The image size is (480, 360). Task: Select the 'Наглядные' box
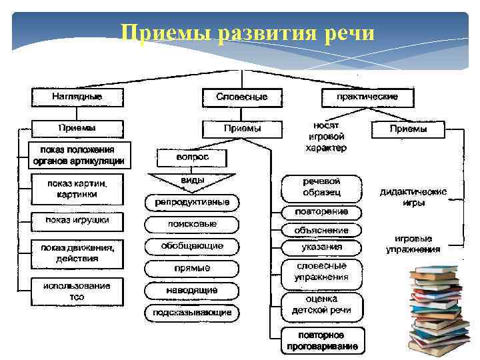click(x=77, y=97)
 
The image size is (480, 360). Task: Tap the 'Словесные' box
click(x=242, y=97)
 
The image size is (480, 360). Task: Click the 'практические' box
click(x=367, y=97)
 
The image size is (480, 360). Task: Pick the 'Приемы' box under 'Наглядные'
click(x=77, y=128)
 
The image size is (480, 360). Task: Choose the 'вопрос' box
click(x=192, y=157)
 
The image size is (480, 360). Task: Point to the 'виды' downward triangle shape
click(x=192, y=181)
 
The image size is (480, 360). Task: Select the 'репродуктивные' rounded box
click(x=192, y=202)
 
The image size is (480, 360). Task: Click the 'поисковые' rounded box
click(x=192, y=225)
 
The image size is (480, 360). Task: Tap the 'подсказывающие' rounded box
click(x=192, y=312)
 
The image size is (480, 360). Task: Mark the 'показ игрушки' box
click(x=77, y=220)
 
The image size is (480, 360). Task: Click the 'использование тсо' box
click(x=77, y=291)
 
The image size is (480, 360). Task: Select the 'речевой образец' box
click(x=321, y=187)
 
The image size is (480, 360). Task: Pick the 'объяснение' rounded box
click(x=321, y=230)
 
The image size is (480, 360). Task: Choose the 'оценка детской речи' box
click(x=321, y=305)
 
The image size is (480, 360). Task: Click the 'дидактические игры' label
click(x=413, y=197)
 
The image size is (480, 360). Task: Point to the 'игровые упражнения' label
click(x=413, y=244)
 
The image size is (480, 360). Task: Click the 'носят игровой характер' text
click(x=326, y=137)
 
